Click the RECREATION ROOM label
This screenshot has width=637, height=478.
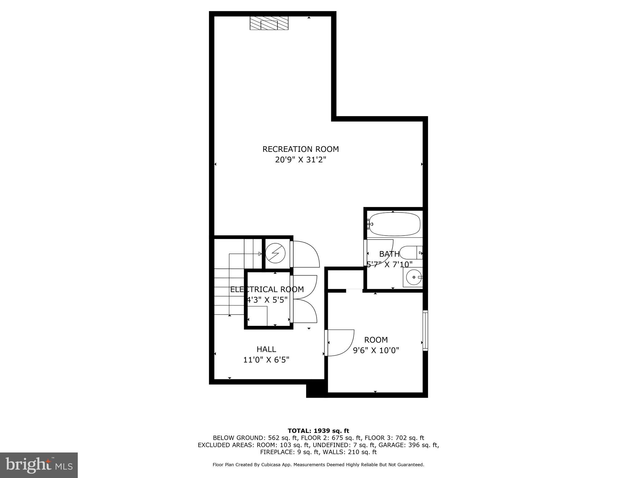[300, 149]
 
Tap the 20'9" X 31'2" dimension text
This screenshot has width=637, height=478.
[300, 160]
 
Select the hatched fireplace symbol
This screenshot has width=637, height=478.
[269, 23]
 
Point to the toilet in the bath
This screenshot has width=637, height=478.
[411, 253]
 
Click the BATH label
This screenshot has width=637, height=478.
[389, 254]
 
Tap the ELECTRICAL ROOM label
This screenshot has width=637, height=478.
[267, 289]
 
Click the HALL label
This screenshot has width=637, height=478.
[266, 349]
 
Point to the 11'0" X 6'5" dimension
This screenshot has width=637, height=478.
[266, 360]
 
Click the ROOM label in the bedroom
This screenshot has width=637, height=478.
[376, 340]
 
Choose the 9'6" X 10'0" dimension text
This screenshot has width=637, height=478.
[376, 350]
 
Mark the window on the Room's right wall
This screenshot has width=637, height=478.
[425, 330]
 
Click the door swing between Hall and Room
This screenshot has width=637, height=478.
[341, 342]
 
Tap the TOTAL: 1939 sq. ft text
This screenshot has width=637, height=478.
[318, 431]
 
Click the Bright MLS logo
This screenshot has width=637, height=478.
[39, 465]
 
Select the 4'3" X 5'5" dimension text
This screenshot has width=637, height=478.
[267, 300]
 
